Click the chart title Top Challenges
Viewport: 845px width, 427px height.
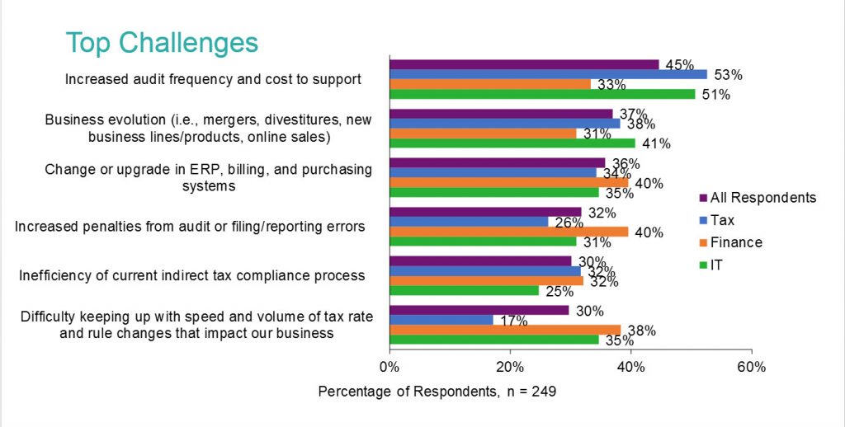pyautogui.click(x=162, y=42)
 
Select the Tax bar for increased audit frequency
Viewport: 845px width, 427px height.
pyautogui.click(x=548, y=74)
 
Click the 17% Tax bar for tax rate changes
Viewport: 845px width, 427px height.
pyautogui.click(x=441, y=319)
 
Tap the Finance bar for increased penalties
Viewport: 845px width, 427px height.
pyautogui.click(x=508, y=232)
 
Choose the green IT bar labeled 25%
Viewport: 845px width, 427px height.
pyautogui.click(x=464, y=290)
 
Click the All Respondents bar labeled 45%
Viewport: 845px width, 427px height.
pyautogui.click(x=524, y=64)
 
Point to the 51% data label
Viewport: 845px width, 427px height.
pyautogui.click(x=715, y=95)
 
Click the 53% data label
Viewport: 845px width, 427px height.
pyautogui.click(x=727, y=75)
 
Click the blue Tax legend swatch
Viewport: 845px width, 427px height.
pyautogui.click(x=702, y=220)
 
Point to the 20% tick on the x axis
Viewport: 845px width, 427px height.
pyautogui.click(x=510, y=365)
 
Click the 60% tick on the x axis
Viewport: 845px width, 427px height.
pyautogui.click(x=752, y=365)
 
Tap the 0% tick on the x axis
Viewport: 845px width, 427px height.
pyautogui.click(x=389, y=365)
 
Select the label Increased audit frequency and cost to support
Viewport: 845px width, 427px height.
pyautogui.click(x=213, y=80)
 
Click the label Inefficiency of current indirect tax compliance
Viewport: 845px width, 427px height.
pyautogui.click(x=191, y=275)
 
